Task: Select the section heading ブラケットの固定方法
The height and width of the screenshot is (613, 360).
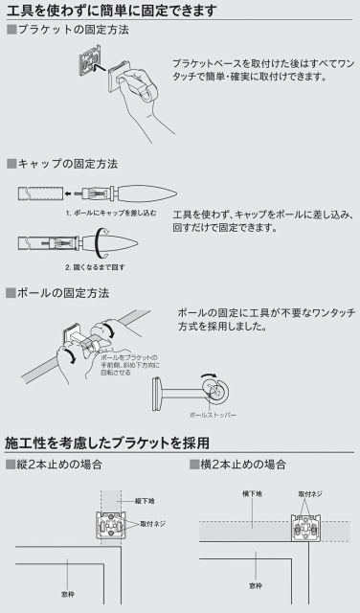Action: [67, 31]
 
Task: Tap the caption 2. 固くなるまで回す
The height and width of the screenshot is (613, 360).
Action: [95, 266]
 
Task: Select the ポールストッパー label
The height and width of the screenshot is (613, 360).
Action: [212, 416]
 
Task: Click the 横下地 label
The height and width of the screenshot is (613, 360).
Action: [249, 494]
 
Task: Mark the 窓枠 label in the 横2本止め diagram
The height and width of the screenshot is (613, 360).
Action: [257, 584]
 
